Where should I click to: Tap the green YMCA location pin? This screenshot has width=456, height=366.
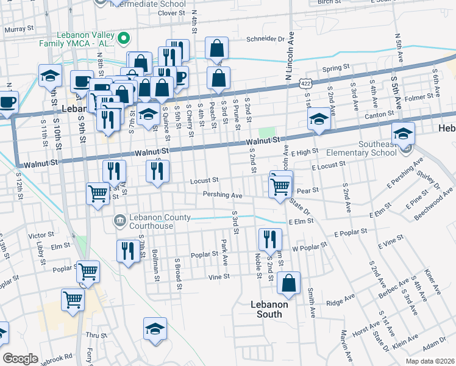click(124, 40)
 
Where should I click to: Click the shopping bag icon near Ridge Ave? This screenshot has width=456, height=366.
click(289, 283)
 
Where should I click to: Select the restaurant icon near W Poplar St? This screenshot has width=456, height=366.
click(268, 239)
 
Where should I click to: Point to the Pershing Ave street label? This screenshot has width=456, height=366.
click(223, 195)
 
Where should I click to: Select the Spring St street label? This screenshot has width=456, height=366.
click(336, 68)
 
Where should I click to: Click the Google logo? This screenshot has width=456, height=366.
click(20, 359)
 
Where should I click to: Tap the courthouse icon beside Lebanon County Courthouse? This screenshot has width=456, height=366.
click(119, 219)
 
